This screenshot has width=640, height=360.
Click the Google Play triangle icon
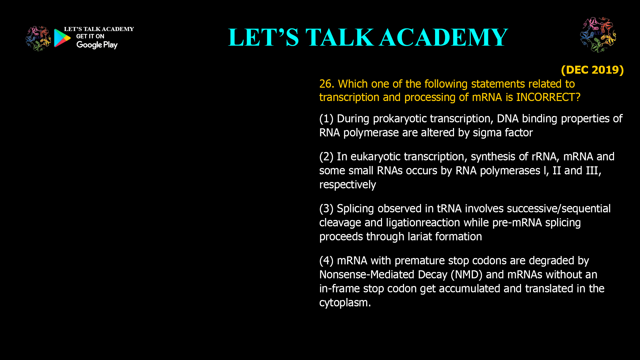point(62,38)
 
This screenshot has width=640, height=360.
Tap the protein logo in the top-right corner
point(598,35)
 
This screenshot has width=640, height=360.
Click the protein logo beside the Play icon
point(38,39)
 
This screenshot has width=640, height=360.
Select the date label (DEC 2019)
point(592,70)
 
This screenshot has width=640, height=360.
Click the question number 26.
point(326,84)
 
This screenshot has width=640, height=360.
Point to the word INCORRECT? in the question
point(548,97)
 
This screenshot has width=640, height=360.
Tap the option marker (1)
point(326,119)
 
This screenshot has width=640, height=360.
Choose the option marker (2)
point(326,157)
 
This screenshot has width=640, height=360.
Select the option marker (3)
point(326,209)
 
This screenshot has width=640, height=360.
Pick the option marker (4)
point(326,261)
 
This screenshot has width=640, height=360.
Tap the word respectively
point(347,185)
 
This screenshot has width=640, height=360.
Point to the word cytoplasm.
point(345,303)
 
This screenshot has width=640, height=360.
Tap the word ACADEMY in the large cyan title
point(443,37)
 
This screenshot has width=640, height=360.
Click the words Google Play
point(97,45)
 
